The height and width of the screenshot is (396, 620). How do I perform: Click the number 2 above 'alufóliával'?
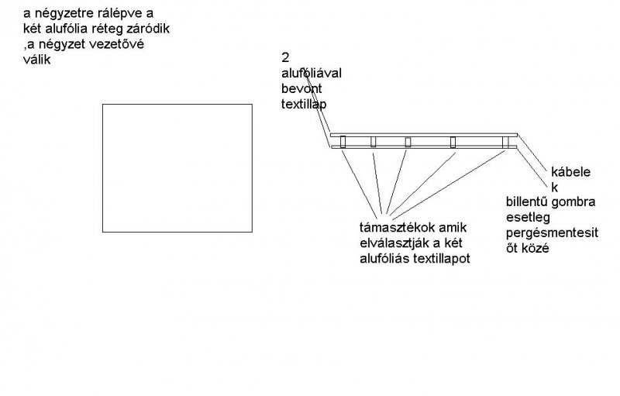coord(285,58)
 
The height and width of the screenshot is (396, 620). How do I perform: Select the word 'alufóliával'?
coord(311,73)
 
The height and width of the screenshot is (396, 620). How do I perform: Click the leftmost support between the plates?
coord(343,141)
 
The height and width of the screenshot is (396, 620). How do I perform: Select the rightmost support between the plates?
coord(505,141)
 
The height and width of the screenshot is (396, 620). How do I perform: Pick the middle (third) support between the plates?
coord(408,141)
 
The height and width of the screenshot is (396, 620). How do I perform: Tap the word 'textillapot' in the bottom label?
coord(440,257)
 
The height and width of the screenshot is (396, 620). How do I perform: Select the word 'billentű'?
coord(526,201)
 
